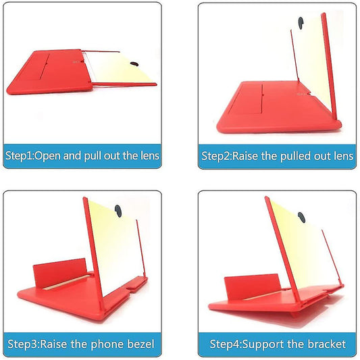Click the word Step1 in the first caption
pos(19,156)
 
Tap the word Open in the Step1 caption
pos(48,156)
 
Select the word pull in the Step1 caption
pos(93,156)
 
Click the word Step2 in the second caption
pos(216,157)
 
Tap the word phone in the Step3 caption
pos(107,344)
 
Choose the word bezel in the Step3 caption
pos(140,344)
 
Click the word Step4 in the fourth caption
pos(225,344)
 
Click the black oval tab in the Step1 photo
pos(134,64)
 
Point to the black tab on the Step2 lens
pos(301,23)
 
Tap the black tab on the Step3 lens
pos(118,211)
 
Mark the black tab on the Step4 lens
pos(302,217)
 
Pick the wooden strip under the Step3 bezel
pos(67,282)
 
